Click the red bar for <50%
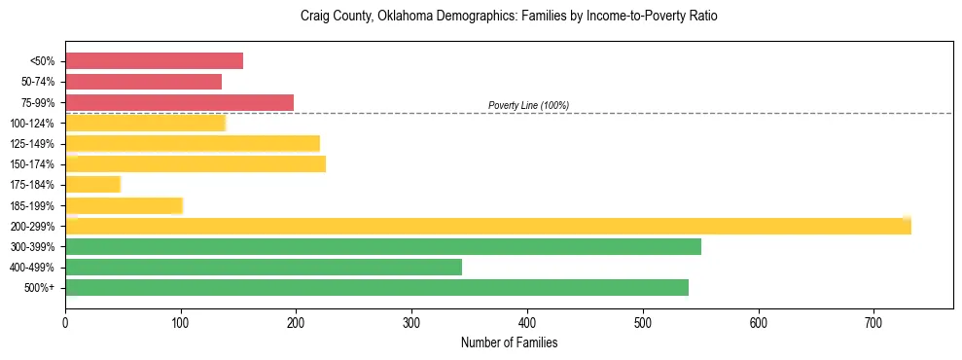pyautogui.click(x=154, y=61)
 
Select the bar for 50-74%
pyautogui.click(x=143, y=82)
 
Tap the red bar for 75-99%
pyautogui.click(x=179, y=102)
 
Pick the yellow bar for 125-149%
pyautogui.click(x=193, y=144)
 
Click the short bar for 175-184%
pyautogui.click(x=92, y=185)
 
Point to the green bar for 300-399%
pyautogui.click(x=383, y=246)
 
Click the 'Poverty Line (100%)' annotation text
pyautogui.click(x=528, y=105)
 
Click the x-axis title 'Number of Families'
pyautogui.click(x=509, y=342)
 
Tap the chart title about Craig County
pyautogui.click(x=509, y=17)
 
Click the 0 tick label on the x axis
pyautogui.click(x=65, y=321)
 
